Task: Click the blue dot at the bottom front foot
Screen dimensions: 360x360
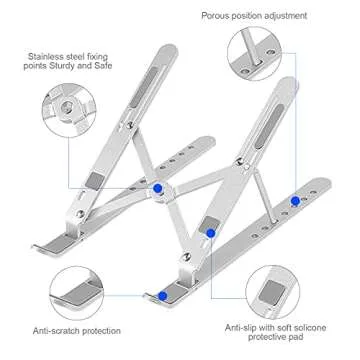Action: click(162, 296)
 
